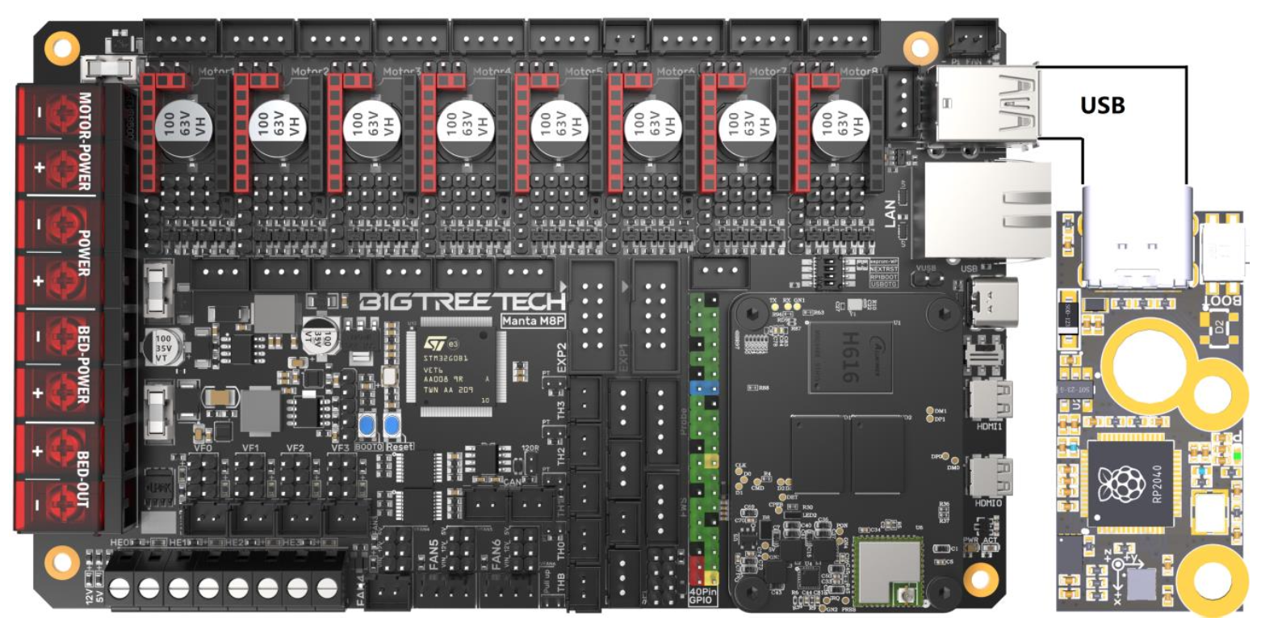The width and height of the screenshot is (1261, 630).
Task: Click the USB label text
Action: point(1102,105)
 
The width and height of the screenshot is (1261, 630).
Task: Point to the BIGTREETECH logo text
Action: point(460,304)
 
